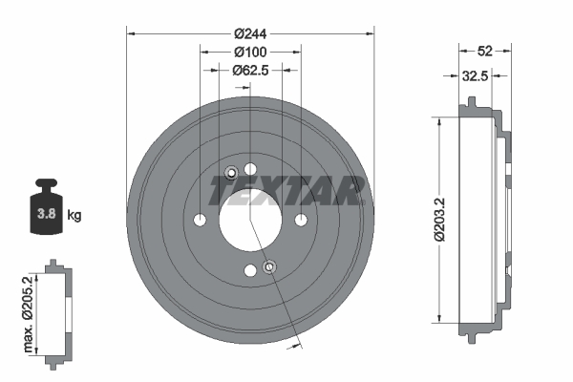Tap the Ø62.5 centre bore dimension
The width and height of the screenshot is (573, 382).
pyautogui.click(x=249, y=70)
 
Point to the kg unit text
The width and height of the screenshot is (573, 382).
pyautogui.click(x=74, y=216)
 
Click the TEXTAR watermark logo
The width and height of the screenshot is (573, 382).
pyautogui.click(x=286, y=191)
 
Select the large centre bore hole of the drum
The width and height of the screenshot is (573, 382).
pyautogui.click(x=250, y=221)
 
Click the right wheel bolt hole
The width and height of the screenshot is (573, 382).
pyautogui.click(x=301, y=221)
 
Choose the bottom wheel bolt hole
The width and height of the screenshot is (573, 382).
pyautogui.click(x=250, y=271)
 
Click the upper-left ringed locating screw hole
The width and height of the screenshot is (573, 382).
pyautogui.click(x=231, y=172)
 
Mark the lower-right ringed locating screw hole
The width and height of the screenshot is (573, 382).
pyautogui.click(x=269, y=266)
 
